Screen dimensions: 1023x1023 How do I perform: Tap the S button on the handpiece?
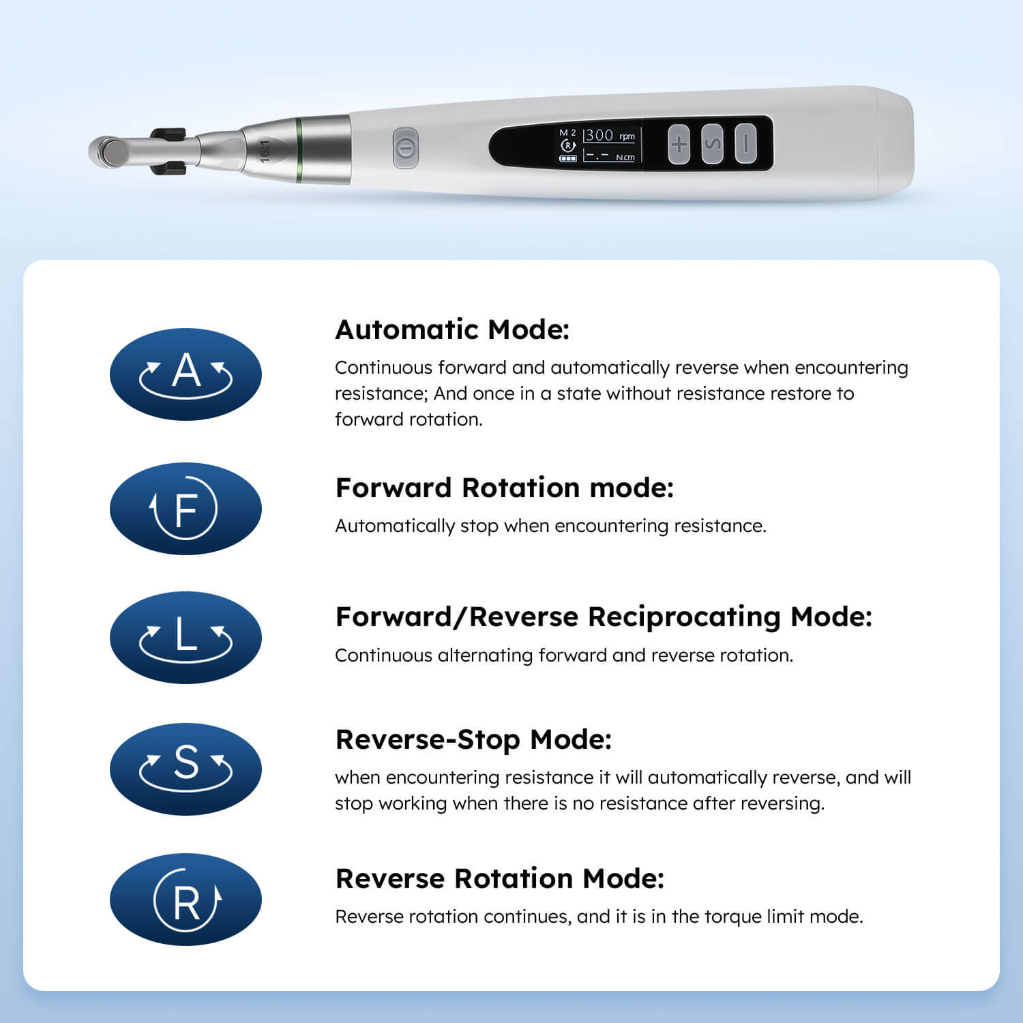[712, 144]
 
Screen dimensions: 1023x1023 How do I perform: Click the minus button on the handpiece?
[745, 144]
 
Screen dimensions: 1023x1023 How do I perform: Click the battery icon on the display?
[567, 158]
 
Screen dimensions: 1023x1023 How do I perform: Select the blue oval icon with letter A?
[186, 374]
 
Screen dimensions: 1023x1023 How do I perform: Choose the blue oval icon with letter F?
[186, 508]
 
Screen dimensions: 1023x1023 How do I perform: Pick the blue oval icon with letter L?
[186, 637]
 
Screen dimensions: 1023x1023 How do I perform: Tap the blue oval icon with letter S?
[186, 769]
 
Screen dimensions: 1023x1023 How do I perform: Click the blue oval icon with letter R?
[186, 899]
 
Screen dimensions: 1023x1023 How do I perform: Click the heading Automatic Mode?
[452, 329]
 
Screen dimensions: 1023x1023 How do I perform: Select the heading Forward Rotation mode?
[504, 488]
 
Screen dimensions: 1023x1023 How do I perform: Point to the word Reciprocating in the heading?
[684, 617]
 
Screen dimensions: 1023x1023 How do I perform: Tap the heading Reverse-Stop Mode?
[473, 739]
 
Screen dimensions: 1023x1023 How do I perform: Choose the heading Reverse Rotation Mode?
[499, 878]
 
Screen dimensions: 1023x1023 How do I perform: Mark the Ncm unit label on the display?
[625, 158]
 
